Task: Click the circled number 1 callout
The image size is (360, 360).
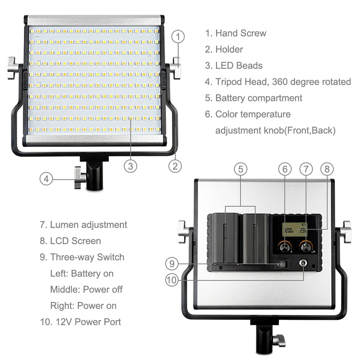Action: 179,36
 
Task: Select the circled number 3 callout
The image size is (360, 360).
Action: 130,166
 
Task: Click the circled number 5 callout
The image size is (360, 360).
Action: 240,169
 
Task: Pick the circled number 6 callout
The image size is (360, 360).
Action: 284,169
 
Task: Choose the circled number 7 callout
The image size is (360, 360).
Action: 306,169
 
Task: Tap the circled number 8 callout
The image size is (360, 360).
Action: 327,169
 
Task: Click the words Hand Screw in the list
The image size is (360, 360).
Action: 240,33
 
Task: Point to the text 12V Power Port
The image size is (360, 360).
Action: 85,322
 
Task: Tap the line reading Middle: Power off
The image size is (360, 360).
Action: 86,289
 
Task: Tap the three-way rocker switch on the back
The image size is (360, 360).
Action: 280,264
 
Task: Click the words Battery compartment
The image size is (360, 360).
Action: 259,98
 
